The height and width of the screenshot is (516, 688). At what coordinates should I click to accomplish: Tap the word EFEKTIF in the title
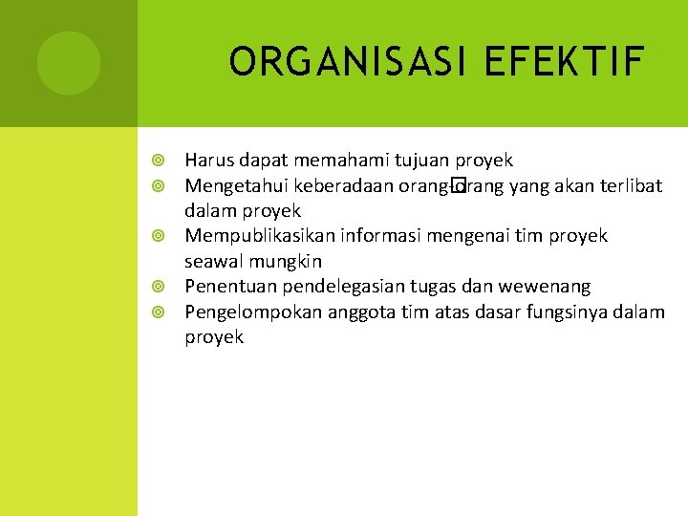coord(565,62)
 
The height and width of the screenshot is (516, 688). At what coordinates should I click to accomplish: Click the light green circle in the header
coord(69,63)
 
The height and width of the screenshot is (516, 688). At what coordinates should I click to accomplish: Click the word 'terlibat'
coord(631,185)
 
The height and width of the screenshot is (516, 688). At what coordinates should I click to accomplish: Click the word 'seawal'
coord(212,261)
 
